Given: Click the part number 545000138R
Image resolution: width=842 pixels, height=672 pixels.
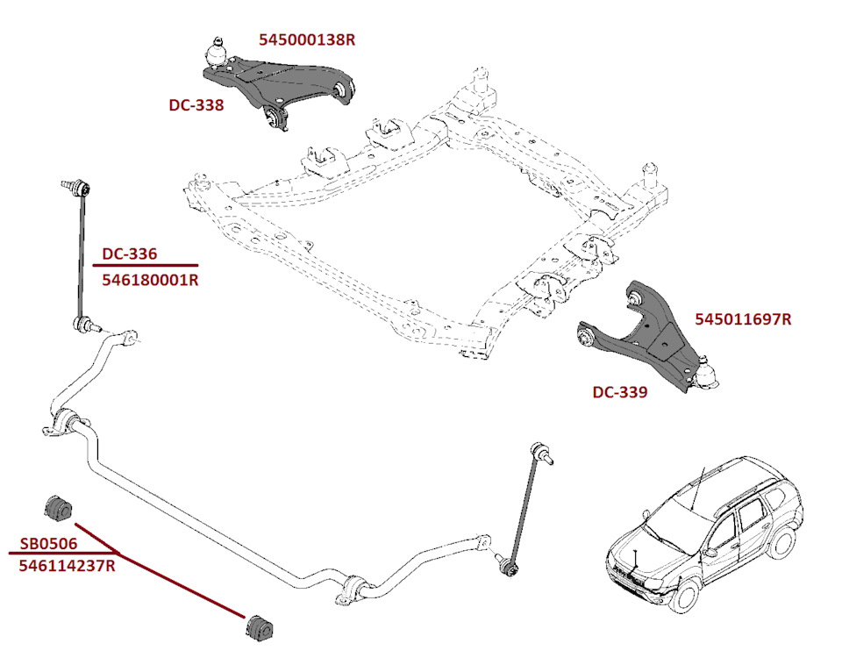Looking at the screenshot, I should [x=307, y=40].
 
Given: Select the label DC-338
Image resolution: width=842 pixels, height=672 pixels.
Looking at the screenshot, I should [x=196, y=105].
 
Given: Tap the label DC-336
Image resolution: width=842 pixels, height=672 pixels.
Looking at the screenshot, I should [x=130, y=254].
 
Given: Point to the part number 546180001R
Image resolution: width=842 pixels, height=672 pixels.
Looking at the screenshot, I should [x=150, y=281].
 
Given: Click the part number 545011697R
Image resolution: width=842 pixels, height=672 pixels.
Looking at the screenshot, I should [x=743, y=319].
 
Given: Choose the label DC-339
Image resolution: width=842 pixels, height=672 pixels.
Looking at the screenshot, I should [x=619, y=392].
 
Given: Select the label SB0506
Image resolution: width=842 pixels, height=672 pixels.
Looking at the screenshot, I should [x=49, y=544].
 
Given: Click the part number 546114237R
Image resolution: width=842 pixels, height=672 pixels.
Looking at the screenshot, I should [x=67, y=566].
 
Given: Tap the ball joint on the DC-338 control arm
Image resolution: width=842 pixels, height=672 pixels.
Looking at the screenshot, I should [x=216, y=49].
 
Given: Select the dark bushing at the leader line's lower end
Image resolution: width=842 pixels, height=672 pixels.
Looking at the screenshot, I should [x=256, y=628].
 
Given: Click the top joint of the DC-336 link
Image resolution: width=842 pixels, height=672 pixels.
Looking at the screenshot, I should [x=77, y=186].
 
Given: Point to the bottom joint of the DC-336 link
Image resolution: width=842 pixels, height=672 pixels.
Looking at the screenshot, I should [x=83, y=326].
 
